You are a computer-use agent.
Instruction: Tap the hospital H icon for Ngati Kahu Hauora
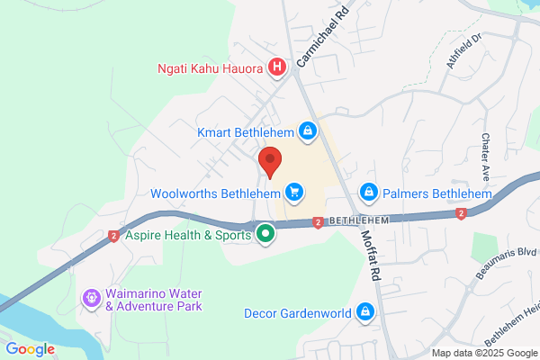coord(277,67)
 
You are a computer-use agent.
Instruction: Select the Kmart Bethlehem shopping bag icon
coord(308,132)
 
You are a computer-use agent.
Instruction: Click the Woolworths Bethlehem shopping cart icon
coord(292,191)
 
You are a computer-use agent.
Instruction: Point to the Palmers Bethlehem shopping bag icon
coord(368,193)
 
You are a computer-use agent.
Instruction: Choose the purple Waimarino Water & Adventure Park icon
coord(91,297)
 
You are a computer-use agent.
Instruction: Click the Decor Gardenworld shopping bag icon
coord(365,312)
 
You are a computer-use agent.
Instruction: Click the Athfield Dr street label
coord(464,50)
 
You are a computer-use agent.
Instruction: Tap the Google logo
coord(31,349)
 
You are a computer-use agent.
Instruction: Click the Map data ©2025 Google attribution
coord(482,353)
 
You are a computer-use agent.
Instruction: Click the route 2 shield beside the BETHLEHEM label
coord(319,222)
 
